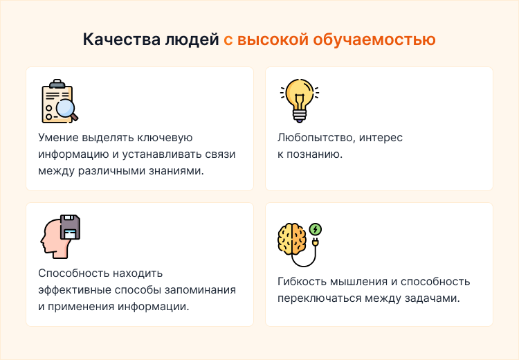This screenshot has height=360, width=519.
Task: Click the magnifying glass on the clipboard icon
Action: (66, 109)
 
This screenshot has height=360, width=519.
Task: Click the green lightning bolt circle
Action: (316, 229)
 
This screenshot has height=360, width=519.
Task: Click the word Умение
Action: (59, 137)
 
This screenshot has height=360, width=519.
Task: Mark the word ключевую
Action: (170, 137)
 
